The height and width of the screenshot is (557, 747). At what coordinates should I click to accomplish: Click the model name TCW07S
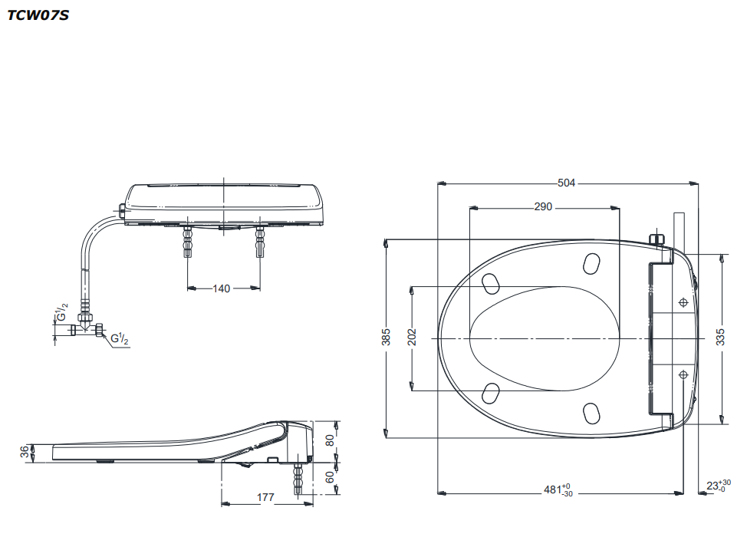(x=38, y=15)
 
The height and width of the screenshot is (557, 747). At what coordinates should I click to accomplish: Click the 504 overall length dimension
(x=567, y=183)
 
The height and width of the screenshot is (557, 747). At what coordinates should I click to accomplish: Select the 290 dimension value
(x=543, y=207)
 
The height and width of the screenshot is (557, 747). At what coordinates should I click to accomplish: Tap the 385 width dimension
(x=386, y=337)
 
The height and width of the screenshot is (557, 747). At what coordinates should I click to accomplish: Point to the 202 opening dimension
(x=412, y=337)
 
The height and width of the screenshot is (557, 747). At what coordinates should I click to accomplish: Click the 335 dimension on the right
(x=720, y=337)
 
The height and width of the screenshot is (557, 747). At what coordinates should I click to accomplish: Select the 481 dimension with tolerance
(x=558, y=489)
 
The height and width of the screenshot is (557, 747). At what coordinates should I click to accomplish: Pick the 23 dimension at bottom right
(x=719, y=486)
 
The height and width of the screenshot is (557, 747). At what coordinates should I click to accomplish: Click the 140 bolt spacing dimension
(x=222, y=288)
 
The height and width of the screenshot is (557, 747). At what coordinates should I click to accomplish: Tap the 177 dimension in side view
(x=265, y=497)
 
